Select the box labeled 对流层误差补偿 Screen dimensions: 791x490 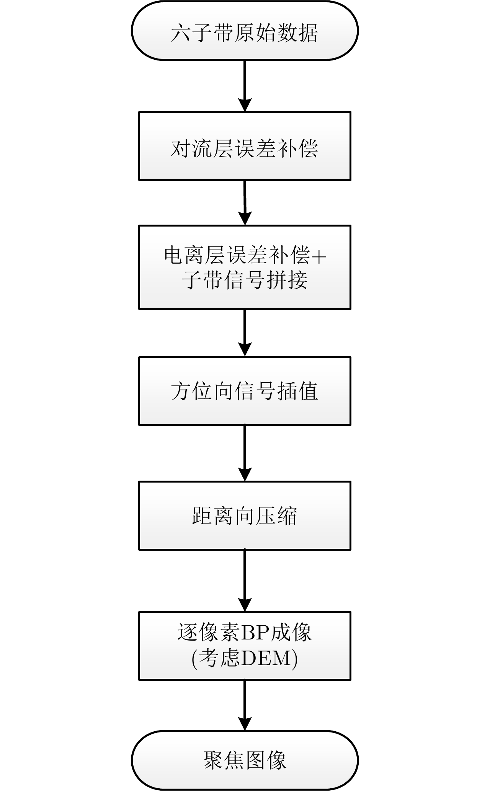coord(245,146)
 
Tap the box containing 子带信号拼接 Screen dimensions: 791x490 coord(245,267)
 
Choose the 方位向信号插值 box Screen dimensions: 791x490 coord(245,391)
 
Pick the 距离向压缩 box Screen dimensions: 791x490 coord(245,515)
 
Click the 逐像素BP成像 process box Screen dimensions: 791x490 coord(245,646)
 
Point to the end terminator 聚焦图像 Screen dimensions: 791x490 coord(245,760)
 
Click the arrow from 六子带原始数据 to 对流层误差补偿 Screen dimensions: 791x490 coord(245,86)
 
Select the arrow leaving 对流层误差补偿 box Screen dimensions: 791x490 coord(245,202)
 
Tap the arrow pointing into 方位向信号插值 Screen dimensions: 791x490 coord(245,333)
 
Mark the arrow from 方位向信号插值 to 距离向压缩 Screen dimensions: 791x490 coord(245,453)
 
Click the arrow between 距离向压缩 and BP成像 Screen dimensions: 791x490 coord(245,581)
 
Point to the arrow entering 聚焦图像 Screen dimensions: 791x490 coord(245,705)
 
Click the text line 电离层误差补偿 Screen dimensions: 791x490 coord(237,255)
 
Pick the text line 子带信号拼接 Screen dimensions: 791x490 coord(245,280)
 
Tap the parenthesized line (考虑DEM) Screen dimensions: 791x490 coord(245,659)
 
